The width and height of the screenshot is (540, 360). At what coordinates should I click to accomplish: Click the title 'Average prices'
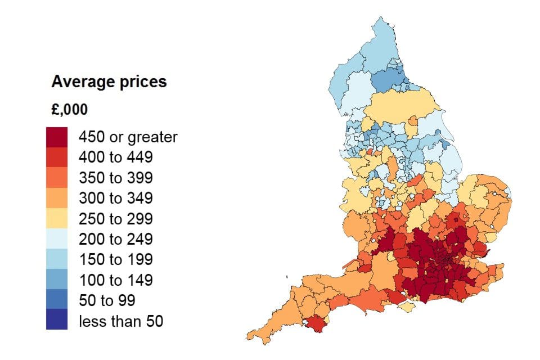[109, 82]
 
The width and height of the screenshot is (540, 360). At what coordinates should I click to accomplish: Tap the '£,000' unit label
[69, 110]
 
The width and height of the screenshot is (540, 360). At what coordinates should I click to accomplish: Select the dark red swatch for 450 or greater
[57, 137]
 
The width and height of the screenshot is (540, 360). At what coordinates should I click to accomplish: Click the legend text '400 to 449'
[115, 157]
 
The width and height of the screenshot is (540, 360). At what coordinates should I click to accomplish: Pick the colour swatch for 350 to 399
[57, 178]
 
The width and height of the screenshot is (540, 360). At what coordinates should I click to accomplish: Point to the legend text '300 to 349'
[115, 198]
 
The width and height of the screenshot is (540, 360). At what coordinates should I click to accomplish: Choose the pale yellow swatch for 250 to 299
[57, 219]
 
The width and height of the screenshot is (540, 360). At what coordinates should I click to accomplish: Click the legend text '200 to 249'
[115, 239]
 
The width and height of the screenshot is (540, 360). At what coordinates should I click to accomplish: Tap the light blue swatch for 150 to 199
[57, 259]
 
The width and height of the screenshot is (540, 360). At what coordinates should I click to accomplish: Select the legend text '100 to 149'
[115, 280]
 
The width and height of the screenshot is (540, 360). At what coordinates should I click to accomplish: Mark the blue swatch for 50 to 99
[57, 300]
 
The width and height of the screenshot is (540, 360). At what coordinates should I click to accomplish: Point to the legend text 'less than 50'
[121, 321]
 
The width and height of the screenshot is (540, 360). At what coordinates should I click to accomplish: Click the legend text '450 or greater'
[128, 137]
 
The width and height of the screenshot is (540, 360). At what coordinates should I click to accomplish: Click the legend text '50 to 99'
[107, 300]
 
